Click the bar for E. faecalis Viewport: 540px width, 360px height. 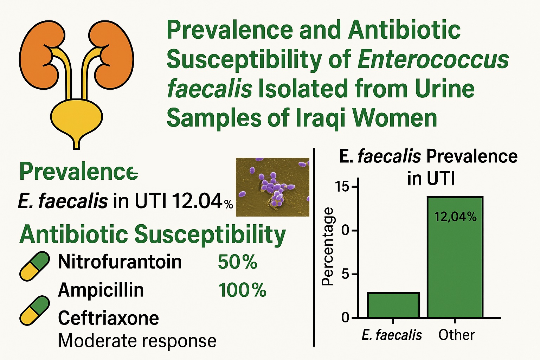pyautogui.click(x=393, y=305)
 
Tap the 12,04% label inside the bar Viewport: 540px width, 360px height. pyautogui.click(x=455, y=217)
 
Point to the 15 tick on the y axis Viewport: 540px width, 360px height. pyautogui.click(x=343, y=187)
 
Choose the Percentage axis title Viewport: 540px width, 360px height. pyautogui.click(x=328, y=246)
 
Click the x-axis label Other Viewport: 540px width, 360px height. pyautogui.click(x=456, y=335)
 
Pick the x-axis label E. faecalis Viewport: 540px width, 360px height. pyautogui.click(x=392, y=335)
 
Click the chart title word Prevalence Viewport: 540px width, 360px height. pyautogui.click(x=472, y=156)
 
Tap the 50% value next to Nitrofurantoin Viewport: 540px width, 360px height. pyautogui.click(x=238, y=262)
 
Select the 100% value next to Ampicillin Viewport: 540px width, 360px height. pyautogui.click(x=242, y=290)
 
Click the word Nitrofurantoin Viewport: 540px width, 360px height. pyautogui.click(x=120, y=262)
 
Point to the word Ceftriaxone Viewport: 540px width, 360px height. pyautogui.click(x=108, y=318)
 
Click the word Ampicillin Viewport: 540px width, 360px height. pyautogui.click(x=101, y=290)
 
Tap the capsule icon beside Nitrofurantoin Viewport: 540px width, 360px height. pyautogui.click(x=34, y=266)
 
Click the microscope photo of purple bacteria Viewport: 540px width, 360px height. pyautogui.click(x=272, y=187)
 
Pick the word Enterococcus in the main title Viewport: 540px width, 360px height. pyautogui.click(x=433, y=59)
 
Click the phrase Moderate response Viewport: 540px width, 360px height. pyautogui.click(x=137, y=341)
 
